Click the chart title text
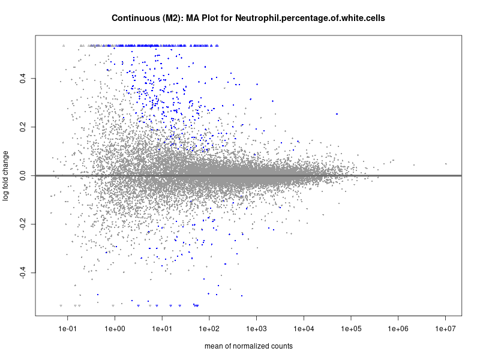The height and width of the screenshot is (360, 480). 248,18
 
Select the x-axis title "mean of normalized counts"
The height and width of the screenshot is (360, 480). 248,346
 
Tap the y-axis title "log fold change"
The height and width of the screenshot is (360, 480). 7,176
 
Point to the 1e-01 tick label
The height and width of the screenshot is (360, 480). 68,329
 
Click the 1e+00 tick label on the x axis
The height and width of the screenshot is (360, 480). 115,329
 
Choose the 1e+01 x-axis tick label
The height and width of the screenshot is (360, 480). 162,329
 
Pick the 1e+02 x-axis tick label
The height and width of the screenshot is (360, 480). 209,329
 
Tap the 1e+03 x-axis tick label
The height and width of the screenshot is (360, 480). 257,329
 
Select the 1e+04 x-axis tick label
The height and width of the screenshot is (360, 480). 304,329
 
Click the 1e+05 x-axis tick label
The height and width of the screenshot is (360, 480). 351,329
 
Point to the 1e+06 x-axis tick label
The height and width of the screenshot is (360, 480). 398,329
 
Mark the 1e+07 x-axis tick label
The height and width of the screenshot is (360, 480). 446,329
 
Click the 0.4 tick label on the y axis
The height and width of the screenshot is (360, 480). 22,78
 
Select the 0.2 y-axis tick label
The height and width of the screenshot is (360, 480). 22,127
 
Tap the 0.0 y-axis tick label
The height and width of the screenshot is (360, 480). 22,176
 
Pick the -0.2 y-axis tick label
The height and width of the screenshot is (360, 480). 22,225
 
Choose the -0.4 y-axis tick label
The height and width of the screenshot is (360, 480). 22,274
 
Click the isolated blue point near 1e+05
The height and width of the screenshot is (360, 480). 337,114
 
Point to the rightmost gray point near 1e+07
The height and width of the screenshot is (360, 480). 446,164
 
